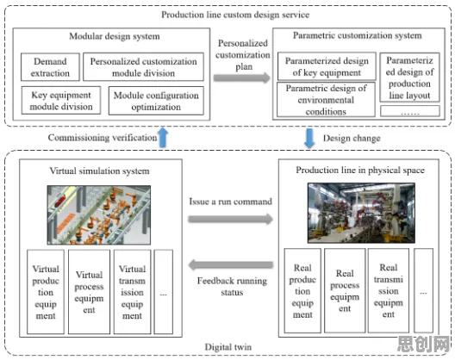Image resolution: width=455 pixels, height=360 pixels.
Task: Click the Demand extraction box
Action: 50,67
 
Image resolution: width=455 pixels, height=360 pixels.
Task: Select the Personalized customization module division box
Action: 143,67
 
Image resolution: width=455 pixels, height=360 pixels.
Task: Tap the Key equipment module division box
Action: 61,101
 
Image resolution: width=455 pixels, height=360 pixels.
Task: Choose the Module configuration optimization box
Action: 156,101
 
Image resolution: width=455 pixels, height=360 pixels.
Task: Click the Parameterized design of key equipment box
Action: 327,66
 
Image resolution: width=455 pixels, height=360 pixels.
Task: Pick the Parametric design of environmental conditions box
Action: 326,100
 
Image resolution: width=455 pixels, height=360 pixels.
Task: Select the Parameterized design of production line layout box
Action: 409,78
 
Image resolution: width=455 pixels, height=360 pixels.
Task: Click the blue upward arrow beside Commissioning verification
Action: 163,137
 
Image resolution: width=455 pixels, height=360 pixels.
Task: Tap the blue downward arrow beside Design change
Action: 309,138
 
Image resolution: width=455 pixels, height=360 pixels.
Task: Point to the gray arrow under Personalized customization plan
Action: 242,78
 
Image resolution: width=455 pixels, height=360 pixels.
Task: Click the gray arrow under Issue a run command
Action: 231,219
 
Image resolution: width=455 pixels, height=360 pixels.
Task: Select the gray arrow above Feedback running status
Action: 231,264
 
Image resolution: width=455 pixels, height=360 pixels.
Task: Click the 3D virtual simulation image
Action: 99,215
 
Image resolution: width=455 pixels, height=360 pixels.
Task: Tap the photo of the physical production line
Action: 361,213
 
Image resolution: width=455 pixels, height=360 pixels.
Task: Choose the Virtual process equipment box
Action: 89,292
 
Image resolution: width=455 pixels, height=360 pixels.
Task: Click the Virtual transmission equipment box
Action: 133,292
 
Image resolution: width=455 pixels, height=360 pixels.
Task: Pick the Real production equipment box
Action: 302,290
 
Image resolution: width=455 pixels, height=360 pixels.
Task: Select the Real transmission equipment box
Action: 389,290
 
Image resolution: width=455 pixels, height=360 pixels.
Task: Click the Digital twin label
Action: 228,347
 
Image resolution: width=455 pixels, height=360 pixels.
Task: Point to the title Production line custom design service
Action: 235,15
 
